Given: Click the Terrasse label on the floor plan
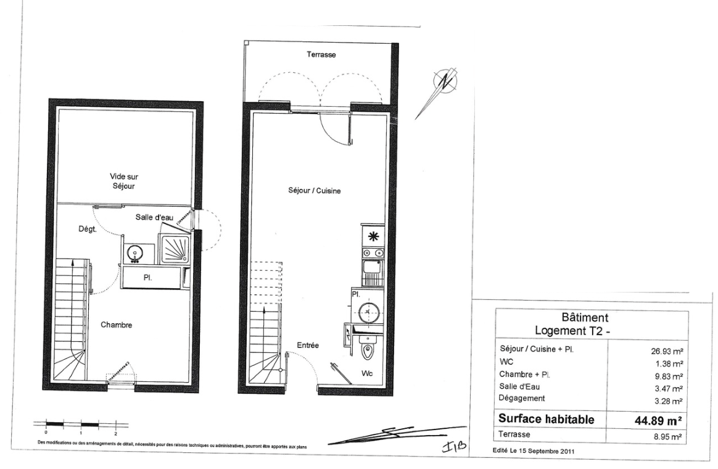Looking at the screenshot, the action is click(321, 54).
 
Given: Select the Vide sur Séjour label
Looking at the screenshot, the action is click(123, 181).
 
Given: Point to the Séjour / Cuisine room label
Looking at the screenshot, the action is click(314, 191).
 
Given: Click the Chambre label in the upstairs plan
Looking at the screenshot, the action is click(117, 325).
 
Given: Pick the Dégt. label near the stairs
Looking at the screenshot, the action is click(87, 229).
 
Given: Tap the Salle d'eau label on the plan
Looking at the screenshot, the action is click(154, 217).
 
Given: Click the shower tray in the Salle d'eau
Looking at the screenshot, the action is click(173, 249).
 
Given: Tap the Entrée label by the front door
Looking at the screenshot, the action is click(308, 346).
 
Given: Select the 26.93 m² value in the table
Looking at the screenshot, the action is click(667, 352).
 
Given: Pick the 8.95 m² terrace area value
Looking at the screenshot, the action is click(668, 437).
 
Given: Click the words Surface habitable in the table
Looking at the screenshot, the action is click(547, 419).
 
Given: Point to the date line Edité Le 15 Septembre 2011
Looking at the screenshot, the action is click(534, 450).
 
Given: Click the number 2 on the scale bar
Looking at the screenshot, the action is click(116, 433).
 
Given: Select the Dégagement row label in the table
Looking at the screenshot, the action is click(522, 398).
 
